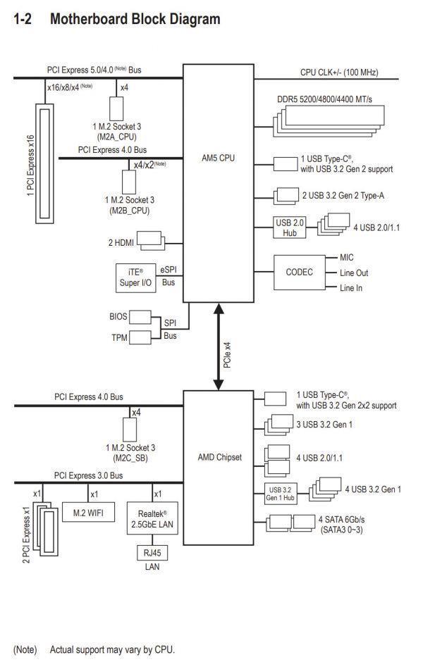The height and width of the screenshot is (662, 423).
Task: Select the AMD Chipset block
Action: pyautogui.click(x=219, y=457)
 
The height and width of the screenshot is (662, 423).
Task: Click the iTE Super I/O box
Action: pyautogui.click(x=135, y=277)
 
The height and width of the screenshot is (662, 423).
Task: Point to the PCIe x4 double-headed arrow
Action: pyautogui.click(x=219, y=346)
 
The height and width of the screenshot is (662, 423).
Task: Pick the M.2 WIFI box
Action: pyautogui.click(x=87, y=513)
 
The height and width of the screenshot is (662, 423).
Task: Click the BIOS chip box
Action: pyautogui.click(x=140, y=317)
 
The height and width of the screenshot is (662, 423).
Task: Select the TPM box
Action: pyautogui.click(x=140, y=338)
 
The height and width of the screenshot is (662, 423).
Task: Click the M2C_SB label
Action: pyautogui.click(x=131, y=457)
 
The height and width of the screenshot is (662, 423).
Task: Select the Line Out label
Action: pyautogui.click(x=354, y=273)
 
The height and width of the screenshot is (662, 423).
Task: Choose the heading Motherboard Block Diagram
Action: pyautogui.click(x=135, y=19)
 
